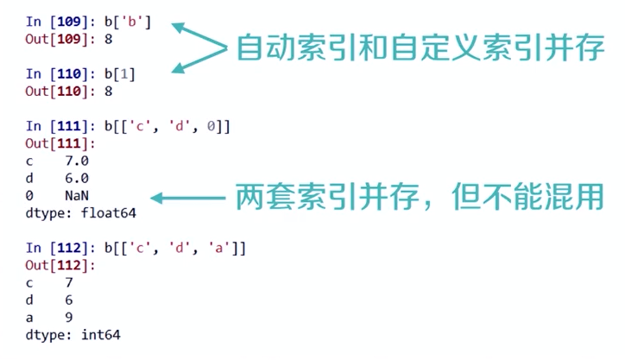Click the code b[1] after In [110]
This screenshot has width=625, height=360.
tap(120, 74)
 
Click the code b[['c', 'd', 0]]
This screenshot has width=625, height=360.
tap(167, 126)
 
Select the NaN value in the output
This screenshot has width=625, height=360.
tap(76, 195)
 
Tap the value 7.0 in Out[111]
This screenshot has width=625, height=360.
tap(76, 161)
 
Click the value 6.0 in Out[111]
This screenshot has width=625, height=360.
tap(76, 178)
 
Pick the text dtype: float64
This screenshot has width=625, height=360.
tap(80, 212)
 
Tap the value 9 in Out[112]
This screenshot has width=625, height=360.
tap(68, 317)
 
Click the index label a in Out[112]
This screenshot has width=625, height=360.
tap(30, 317)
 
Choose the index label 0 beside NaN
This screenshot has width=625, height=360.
tap(30, 195)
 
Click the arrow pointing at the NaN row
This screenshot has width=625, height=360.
tap(186, 198)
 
